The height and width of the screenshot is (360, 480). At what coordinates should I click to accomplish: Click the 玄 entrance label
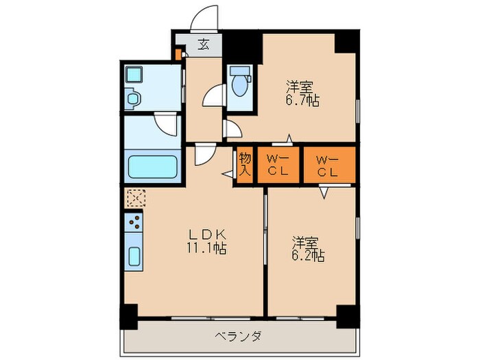(x=204, y=46)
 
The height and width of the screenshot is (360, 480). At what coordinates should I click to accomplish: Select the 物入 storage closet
(x=245, y=164)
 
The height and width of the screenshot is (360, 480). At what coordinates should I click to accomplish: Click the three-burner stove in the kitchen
(x=134, y=222)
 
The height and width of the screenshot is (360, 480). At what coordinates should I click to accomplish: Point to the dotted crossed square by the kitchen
(x=135, y=198)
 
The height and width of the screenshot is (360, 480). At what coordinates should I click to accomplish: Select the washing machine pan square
(x=134, y=75)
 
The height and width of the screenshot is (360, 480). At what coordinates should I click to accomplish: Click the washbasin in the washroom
(x=133, y=99)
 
